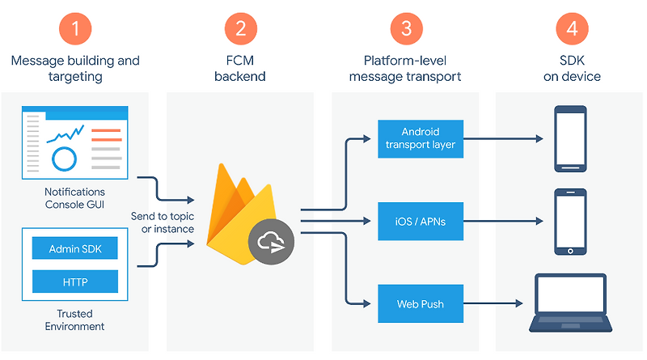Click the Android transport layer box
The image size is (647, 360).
pyautogui.click(x=421, y=138)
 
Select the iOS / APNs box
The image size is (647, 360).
pyautogui.click(x=421, y=221)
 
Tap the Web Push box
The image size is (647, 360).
pyautogui.click(x=421, y=304)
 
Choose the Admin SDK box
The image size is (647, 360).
pyautogui.click(x=75, y=248)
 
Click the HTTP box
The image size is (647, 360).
pyautogui.click(x=75, y=282)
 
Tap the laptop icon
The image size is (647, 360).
pyautogui.click(x=571, y=303)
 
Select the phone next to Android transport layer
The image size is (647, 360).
pyautogui.click(x=571, y=139)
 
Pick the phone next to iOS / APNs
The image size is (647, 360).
pyautogui.click(x=571, y=221)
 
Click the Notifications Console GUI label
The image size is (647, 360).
pyautogui.click(x=75, y=198)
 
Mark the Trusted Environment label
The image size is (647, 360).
pyautogui.click(x=75, y=320)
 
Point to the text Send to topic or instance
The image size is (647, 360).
pyautogui.click(x=163, y=222)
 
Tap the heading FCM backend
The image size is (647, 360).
pyautogui.click(x=240, y=69)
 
